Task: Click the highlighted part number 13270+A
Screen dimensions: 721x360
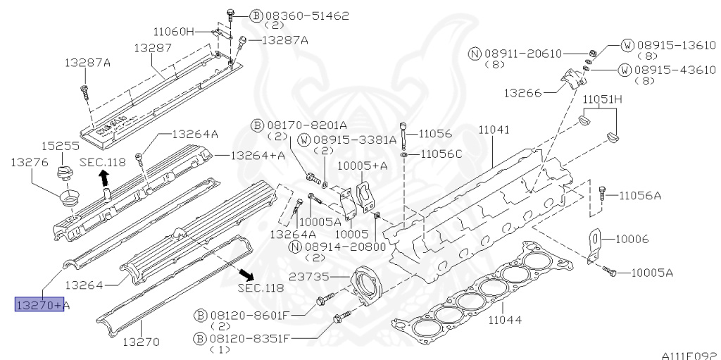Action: pyautogui.click(x=39, y=304)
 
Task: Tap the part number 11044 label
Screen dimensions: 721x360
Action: pyautogui.click(x=505, y=319)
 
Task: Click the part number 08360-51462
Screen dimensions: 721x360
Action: pyautogui.click(x=307, y=16)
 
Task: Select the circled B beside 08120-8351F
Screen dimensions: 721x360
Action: pyautogui.click(x=200, y=339)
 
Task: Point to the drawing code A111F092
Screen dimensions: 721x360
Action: pyautogui.click(x=691, y=355)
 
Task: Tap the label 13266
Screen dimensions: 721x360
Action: pyautogui.click(x=522, y=93)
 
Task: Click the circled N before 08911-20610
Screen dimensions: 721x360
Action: pyautogui.click(x=475, y=54)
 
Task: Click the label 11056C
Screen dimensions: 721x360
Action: pyautogui.click(x=441, y=154)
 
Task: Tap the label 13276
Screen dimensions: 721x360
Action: pyautogui.click(x=30, y=162)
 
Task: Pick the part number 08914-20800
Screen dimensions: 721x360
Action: pyautogui.click(x=345, y=247)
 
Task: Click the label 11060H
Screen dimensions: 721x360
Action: pyautogui.click(x=174, y=32)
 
